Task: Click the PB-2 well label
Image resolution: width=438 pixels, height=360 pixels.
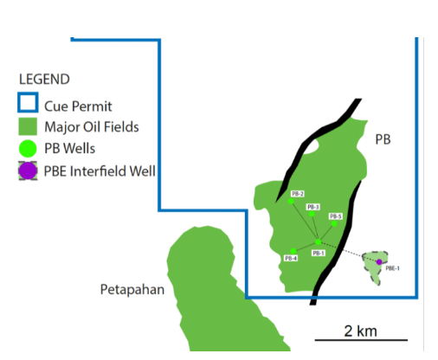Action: coord(298,194)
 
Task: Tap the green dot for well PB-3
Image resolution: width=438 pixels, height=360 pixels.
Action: coord(312,214)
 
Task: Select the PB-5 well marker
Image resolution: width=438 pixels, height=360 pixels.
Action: coord(334,223)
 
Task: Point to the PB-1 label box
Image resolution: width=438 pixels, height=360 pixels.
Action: coord(319,253)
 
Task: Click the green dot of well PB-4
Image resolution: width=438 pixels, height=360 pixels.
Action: coord(293,251)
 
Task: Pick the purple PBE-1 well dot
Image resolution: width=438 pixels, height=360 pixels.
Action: coord(379,262)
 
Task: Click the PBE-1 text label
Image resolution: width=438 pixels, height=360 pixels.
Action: coord(392,268)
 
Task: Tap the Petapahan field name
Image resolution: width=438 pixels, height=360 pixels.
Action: coord(132,290)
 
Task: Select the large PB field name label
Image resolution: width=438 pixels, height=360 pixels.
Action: coord(383,139)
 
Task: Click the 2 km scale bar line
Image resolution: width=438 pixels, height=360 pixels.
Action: coord(361,340)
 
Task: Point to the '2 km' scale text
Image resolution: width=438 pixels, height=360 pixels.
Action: coord(360,331)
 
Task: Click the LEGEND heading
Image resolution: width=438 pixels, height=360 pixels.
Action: coord(44,79)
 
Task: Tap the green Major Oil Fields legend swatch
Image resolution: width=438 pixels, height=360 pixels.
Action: coord(28,126)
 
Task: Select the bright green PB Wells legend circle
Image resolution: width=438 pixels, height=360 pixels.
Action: coord(28,149)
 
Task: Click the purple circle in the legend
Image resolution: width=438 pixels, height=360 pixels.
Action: coord(28,170)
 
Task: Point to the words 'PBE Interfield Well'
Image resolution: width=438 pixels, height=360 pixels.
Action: coord(100,171)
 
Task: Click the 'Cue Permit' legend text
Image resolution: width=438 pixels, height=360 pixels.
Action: coord(78,106)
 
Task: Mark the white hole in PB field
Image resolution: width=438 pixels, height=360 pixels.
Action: coord(310,146)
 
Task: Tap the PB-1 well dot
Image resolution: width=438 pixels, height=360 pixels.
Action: coord(318,241)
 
